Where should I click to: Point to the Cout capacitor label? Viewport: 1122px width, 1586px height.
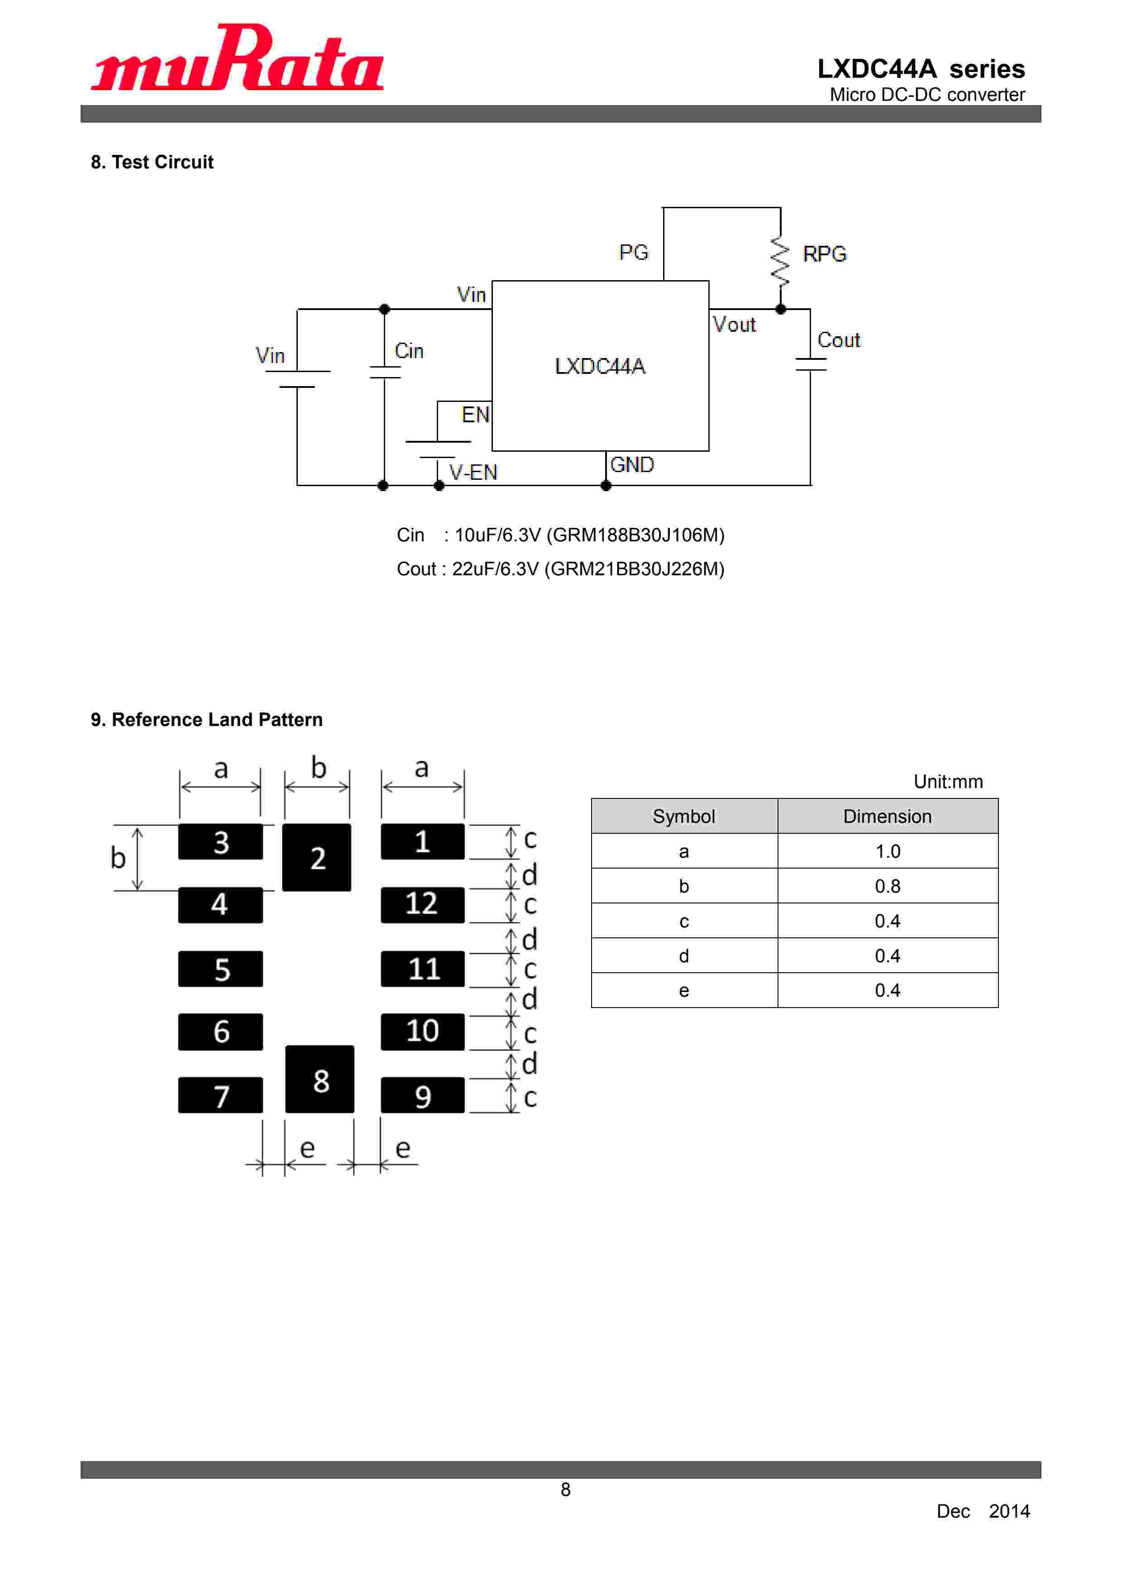pos(838,340)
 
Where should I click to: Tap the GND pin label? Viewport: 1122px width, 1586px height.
pos(631,464)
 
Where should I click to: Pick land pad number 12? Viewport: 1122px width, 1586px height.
pos(422,904)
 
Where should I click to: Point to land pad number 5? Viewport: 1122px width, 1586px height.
pos(220,969)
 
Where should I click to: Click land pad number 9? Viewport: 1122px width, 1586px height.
pos(422,1095)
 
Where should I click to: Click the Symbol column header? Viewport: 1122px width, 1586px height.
pos(683,817)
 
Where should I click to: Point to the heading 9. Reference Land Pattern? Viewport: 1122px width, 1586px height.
pos(206,720)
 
